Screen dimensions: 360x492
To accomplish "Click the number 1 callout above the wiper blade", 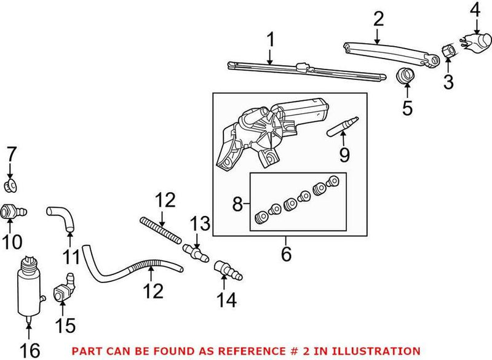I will tap(269, 42).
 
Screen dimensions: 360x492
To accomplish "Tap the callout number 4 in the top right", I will tap(476, 10).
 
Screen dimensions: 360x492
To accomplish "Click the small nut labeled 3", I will tap(448, 50).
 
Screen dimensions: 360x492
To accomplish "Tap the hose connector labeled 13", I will tap(194, 252).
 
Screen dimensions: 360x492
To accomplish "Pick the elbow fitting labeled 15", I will tap(63, 289).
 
